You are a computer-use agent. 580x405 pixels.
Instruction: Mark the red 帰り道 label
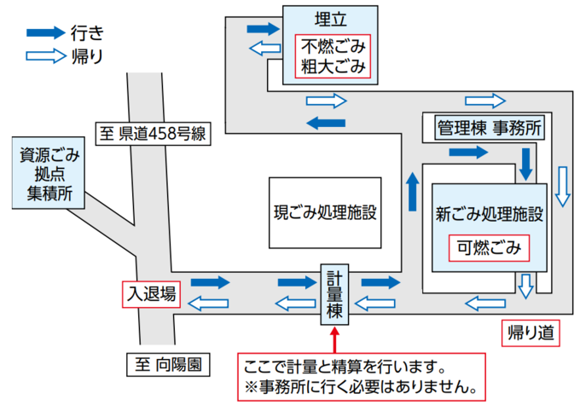coord(531,333)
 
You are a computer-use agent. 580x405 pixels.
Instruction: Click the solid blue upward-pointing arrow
coord(413,193)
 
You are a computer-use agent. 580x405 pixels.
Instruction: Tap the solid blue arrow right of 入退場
coord(212,281)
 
